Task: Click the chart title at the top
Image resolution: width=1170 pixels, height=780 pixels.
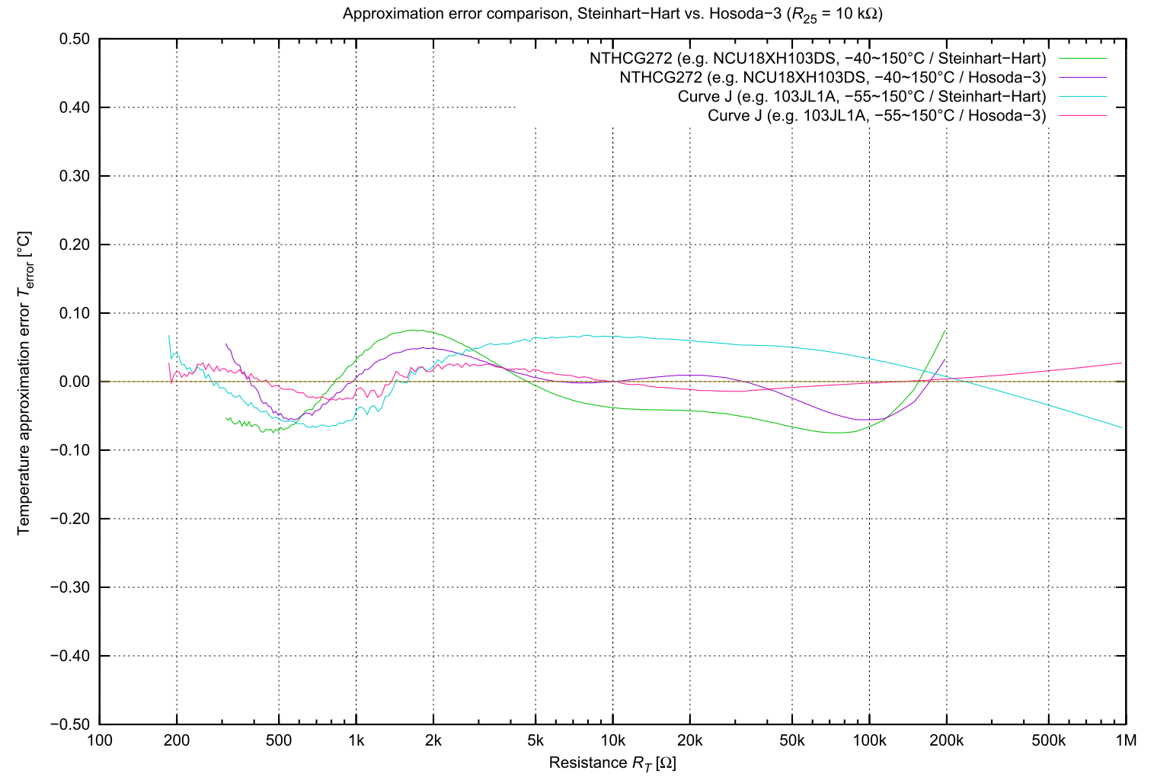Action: pos(612,14)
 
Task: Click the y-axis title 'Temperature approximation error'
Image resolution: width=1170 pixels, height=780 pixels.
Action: pos(24,382)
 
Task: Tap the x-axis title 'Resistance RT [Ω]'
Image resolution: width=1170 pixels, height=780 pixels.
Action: pos(612,762)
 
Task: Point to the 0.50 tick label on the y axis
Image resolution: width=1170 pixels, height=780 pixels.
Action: pos(75,40)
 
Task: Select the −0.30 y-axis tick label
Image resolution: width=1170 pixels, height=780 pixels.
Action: pos(70,587)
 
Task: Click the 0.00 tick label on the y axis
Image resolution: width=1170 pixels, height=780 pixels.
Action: pos(75,382)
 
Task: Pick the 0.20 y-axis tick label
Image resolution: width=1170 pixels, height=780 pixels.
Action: pos(75,245)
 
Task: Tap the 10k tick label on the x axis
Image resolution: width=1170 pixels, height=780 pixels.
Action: pos(612,740)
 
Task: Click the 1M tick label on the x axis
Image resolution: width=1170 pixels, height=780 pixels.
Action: pos(1125,740)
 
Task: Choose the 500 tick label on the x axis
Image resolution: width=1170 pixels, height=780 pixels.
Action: pos(279,740)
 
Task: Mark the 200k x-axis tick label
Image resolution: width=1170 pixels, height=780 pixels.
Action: pos(946,740)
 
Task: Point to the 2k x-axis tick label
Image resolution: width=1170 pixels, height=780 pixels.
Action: pos(433,740)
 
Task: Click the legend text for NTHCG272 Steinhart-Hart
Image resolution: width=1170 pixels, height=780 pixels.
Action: pos(817,59)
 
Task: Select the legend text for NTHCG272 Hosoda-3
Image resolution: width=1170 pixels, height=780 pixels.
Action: pos(833,78)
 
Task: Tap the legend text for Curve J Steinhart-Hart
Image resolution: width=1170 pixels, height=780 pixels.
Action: pos(862,97)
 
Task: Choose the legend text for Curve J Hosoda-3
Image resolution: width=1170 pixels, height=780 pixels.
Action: pos(877,116)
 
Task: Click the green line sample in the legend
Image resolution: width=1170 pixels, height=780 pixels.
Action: pos(1080,59)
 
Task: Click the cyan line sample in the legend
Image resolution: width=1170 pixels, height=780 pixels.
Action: pos(1080,97)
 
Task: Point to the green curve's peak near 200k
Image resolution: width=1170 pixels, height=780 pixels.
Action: pos(945,329)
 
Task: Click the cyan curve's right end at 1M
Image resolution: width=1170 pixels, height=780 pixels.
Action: pos(1121,427)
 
